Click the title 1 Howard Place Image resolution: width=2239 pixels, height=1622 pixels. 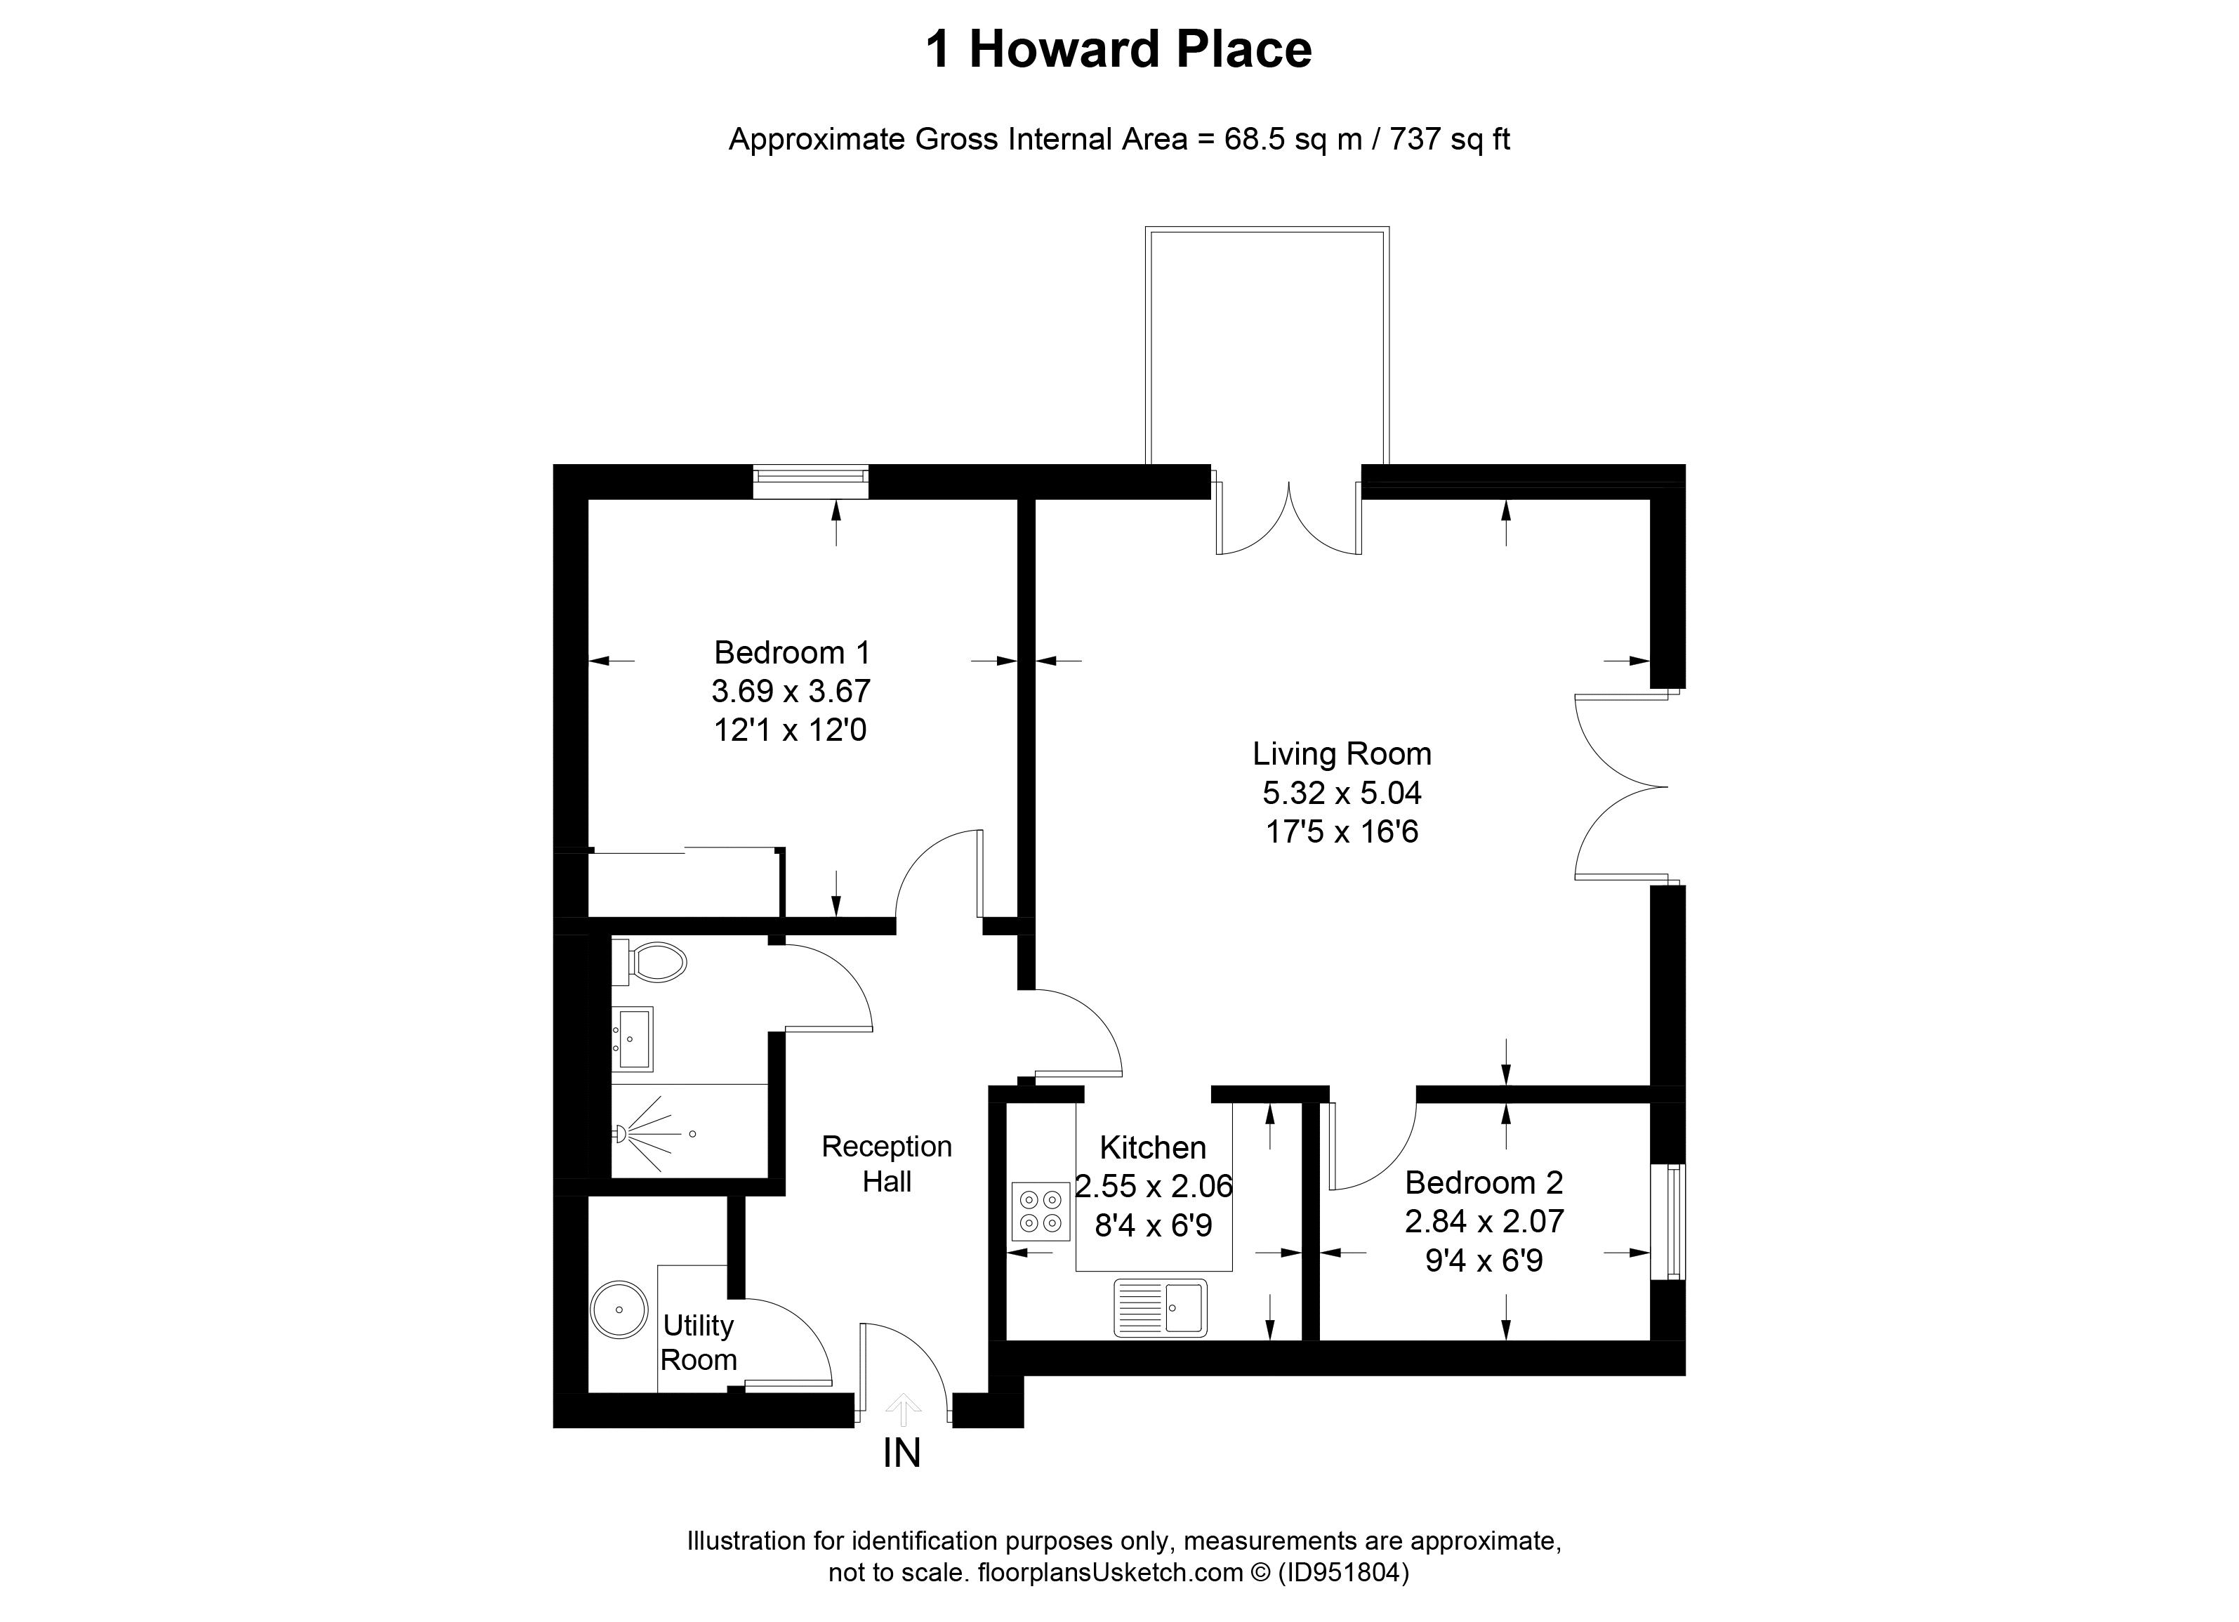coord(1118,49)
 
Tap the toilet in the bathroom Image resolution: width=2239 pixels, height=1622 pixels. coord(652,961)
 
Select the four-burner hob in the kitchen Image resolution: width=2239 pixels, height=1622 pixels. coord(1041,1211)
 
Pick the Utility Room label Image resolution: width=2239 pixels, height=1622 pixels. coord(698,1342)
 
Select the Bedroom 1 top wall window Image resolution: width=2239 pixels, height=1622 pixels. coord(810,481)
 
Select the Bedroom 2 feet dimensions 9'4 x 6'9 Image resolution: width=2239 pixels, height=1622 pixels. coord(1484,1260)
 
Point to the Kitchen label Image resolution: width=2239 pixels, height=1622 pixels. coord(1152,1147)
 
